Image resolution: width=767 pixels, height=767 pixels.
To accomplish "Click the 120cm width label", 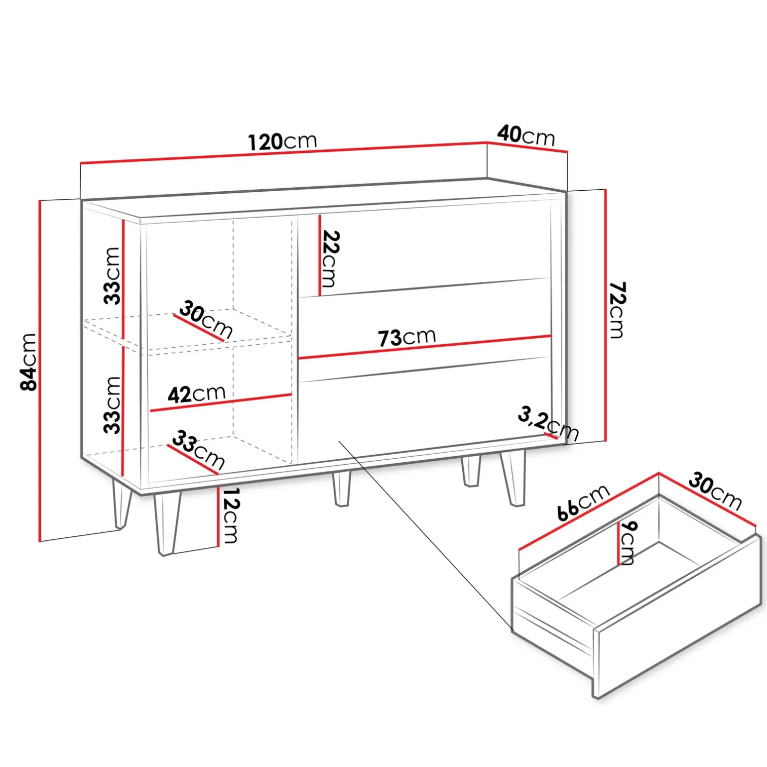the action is (x=282, y=141).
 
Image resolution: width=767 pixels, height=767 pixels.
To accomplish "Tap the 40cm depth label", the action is (x=526, y=135).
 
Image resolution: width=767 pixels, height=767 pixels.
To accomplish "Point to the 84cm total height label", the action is (x=28, y=362).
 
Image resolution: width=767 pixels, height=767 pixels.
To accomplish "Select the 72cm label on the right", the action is (x=617, y=310).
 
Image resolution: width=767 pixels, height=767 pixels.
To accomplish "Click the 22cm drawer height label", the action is (x=329, y=258).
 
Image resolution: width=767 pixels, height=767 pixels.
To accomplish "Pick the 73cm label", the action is (x=407, y=337).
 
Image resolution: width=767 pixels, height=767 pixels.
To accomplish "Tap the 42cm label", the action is (x=197, y=394).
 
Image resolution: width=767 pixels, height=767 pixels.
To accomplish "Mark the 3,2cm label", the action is (x=548, y=424).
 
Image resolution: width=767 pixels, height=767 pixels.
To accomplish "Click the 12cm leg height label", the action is (x=230, y=515).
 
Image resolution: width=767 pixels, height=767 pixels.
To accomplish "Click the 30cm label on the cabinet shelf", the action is (x=206, y=319).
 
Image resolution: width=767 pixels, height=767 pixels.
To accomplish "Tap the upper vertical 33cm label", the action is (x=112, y=275).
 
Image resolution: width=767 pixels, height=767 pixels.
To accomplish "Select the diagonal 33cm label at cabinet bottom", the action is (x=198, y=450).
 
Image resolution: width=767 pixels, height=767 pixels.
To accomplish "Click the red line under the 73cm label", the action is (x=424, y=347).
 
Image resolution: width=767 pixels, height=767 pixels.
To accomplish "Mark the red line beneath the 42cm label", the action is (x=221, y=403).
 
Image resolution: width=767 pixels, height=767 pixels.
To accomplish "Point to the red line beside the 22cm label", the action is (x=319, y=255).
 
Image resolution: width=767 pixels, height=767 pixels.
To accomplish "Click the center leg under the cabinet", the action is (x=342, y=488).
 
